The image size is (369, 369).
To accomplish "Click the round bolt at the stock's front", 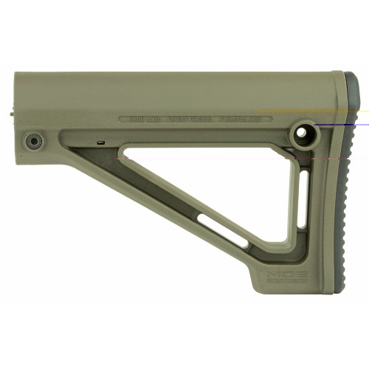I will point(32,139).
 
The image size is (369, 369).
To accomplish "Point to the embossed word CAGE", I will point(137,118).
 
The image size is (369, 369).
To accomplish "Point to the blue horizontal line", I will point(339,125).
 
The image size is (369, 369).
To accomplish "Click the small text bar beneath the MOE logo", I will point(283,282).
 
